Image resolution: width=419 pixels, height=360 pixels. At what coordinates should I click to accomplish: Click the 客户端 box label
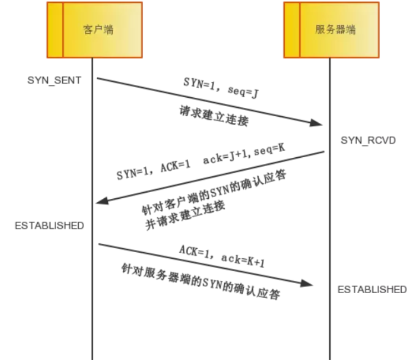point(101,30)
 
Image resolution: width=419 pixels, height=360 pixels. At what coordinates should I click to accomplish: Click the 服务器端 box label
point(335,30)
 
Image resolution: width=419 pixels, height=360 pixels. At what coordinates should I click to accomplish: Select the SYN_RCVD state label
point(368,139)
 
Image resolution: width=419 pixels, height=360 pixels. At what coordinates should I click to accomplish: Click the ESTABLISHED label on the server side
point(372,289)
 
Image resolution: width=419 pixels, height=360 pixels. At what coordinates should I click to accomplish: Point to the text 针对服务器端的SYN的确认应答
point(200,280)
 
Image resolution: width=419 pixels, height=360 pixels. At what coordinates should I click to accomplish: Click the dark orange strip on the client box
point(54,30)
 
